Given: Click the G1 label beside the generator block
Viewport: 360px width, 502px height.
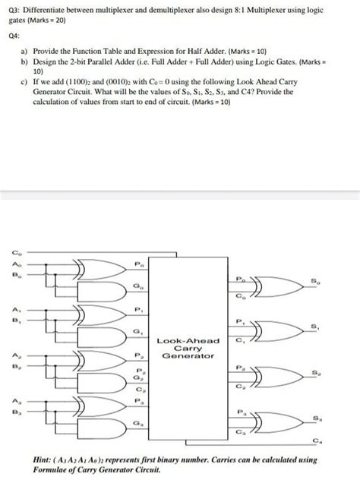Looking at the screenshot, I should click(137, 332).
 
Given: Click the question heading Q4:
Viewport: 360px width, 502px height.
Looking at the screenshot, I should click(14, 33).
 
